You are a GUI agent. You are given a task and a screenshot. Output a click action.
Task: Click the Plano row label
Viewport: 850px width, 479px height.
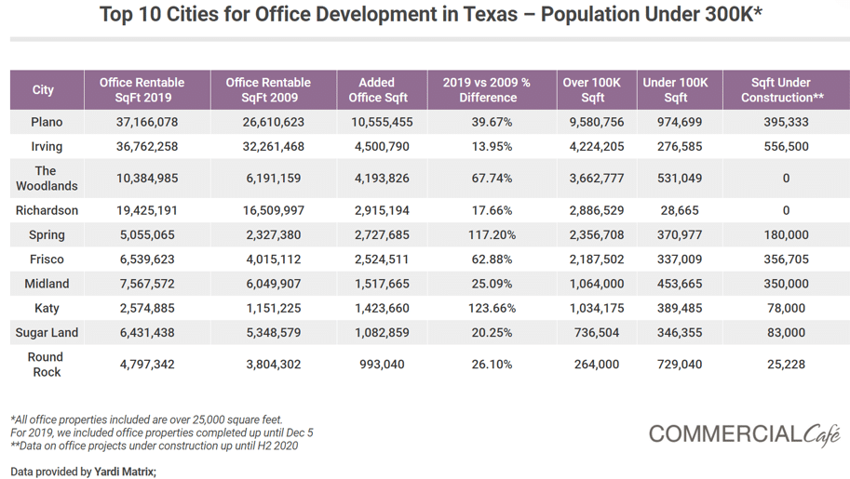(x=47, y=123)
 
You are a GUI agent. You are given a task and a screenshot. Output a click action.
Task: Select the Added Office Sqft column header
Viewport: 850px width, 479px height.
(x=378, y=90)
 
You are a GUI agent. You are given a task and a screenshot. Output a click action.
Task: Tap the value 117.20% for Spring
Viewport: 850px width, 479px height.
(x=492, y=235)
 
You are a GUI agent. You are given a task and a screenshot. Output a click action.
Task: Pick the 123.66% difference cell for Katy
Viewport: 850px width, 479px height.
(x=492, y=309)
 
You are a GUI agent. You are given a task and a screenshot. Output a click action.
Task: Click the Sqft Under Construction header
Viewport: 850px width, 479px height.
(x=786, y=90)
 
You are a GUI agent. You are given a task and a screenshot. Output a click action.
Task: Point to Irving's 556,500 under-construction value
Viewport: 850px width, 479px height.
(x=786, y=147)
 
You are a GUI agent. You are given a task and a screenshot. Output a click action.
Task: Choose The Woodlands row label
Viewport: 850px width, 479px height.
(x=47, y=179)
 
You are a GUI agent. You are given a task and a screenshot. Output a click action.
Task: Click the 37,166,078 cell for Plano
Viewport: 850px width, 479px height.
(x=147, y=123)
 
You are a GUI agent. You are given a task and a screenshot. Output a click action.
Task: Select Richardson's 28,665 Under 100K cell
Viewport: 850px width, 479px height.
(x=675, y=211)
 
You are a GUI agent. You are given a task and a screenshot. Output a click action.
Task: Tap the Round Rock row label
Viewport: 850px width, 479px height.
(x=46, y=365)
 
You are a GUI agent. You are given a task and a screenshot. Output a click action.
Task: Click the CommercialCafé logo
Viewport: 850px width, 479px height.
(x=744, y=433)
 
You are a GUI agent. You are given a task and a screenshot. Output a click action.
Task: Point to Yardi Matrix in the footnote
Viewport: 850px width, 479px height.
(x=125, y=472)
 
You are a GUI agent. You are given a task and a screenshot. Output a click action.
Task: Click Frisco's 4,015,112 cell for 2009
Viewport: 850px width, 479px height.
(x=273, y=259)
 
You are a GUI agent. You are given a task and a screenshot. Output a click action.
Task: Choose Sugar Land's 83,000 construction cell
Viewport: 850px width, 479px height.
(x=786, y=333)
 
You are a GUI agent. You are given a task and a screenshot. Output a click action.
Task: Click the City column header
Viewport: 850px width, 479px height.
(x=44, y=90)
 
